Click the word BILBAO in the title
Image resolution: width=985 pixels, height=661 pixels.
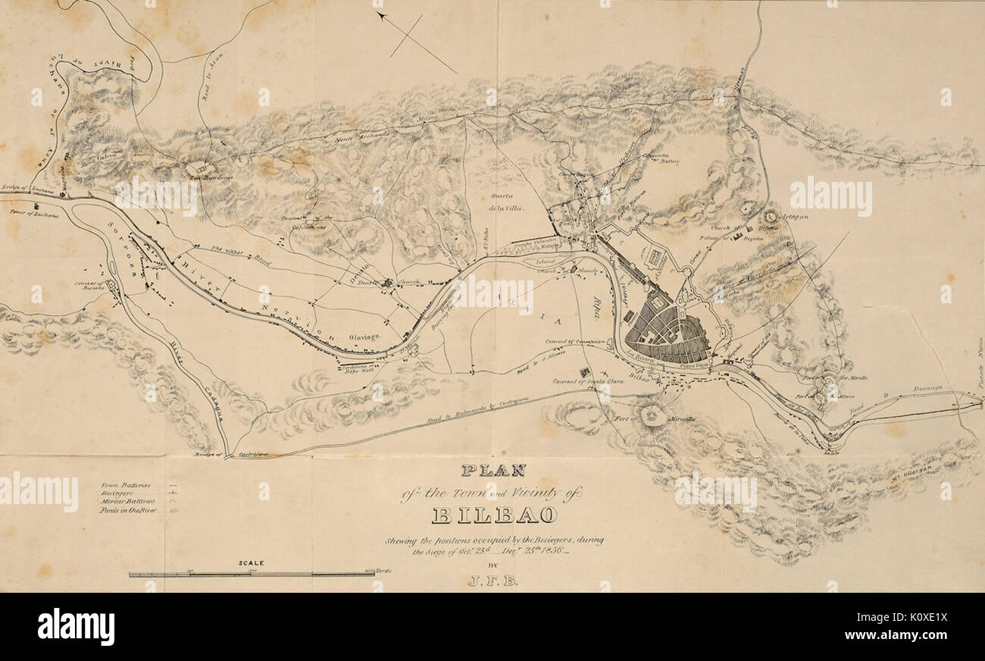495,516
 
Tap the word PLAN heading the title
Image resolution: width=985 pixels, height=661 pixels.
493,471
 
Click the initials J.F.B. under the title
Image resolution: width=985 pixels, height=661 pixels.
493,581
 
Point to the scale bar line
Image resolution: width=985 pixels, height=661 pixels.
251,575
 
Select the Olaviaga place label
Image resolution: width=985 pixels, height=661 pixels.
364,335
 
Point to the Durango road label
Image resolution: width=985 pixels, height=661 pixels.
925,388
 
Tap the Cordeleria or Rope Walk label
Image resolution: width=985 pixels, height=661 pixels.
356,368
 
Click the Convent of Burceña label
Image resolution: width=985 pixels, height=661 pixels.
89,286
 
